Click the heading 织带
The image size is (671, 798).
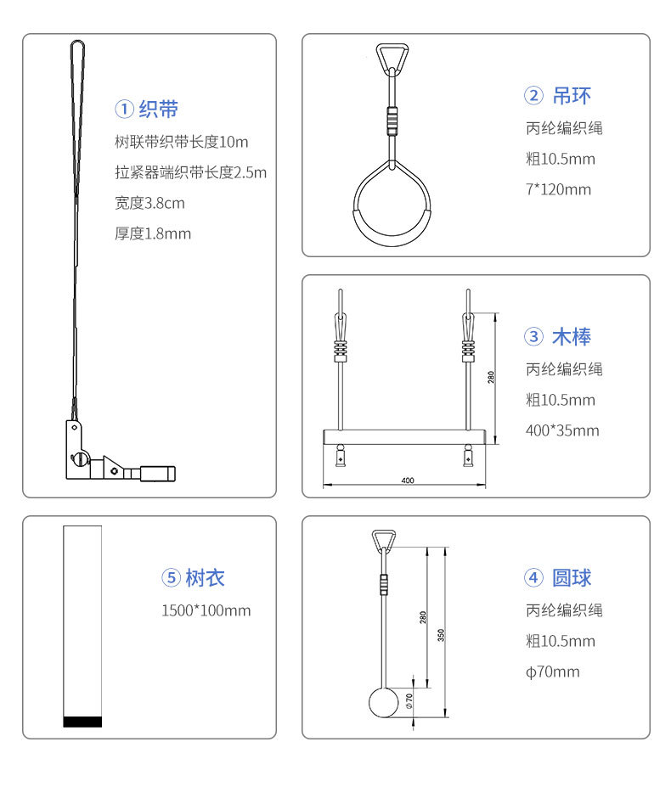pyautogui.click(x=158, y=109)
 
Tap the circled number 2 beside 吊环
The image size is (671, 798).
pyautogui.click(x=533, y=95)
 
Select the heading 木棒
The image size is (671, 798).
pyautogui.click(x=572, y=336)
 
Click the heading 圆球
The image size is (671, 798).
pyautogui.click(x=572, y=577)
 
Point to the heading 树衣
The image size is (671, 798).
pyautogui.click(x=205, y=577)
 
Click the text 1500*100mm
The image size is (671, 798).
pyautogui.click(x=206, y=610)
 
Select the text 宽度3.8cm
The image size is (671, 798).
pyautogui.click(x=149, y=203)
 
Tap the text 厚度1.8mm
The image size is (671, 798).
pyautogui.click(x=153, y=233)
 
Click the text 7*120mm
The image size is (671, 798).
pyautogui.click(x=559, y=189)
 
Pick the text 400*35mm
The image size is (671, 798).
pyautogui.click(x=562, y=430)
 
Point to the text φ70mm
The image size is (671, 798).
pyautogui.click(x=553, y=672)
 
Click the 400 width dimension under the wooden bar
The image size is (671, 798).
pyautogui.click(x=408, y=480)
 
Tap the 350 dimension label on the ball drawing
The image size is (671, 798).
pyautogui.click(x=441, y=635)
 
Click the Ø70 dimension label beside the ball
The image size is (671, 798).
pyautogui.click(x=409, y=700)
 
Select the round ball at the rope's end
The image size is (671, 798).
pyautogui.click(x=383, y=702)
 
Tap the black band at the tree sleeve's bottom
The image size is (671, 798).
pyautogui.click(x=82, y=722)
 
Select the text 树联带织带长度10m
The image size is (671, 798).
pyautogui.click(x=181, y=142)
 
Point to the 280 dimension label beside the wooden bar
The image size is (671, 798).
pyautogui.click(x=491, y=377)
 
